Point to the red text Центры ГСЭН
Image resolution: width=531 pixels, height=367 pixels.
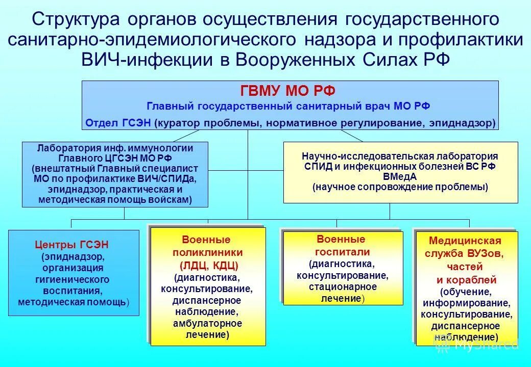point(71,245)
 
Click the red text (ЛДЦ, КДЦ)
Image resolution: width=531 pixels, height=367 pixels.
point(208,265)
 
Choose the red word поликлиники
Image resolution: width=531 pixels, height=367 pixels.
point(207,252)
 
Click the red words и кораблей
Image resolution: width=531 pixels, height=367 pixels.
point(466,280)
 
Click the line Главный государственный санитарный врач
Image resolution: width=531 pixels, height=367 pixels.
point(288,107)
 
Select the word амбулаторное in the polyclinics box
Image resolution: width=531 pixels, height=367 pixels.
point(208,324)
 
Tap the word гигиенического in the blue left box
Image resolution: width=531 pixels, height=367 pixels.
point(72,280)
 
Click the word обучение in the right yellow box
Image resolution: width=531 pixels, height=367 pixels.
point(466,292)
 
